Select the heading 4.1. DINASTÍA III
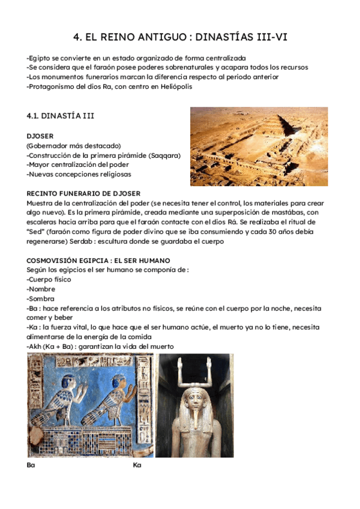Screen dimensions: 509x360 pos(61,115)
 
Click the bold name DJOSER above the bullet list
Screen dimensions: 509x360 pos(40,136)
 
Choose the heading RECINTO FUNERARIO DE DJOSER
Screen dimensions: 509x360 pos(83,193)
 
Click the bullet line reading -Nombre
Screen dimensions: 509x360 pos(41,289)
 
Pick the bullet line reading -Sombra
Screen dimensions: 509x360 pos(41,298)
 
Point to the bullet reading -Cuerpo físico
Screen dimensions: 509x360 pos(49,279)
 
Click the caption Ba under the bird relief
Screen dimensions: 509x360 pos(31,465)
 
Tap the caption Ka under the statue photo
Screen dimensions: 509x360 pos(137,465)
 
